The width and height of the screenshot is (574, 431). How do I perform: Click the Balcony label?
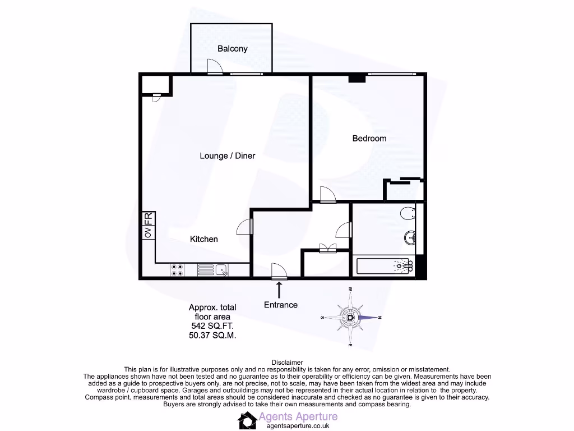point(233,49)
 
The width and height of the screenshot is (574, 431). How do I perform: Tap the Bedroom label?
point(369,139)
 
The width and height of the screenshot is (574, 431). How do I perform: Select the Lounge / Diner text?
point(227,155)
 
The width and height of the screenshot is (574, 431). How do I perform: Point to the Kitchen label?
point(203,239)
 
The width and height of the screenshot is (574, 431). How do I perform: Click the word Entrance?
point(281,305)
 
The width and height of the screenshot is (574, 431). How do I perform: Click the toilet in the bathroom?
point(409,213)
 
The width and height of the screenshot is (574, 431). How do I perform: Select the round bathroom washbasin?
point(410,239)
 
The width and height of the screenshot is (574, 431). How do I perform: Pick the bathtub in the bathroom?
point(384,265)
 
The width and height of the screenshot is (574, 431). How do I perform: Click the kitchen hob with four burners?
point(177,270)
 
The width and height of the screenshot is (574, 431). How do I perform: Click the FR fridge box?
point(148,218)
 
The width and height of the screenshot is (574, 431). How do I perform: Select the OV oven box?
point(148,232)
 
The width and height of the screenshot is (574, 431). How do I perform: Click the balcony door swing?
point(214,68)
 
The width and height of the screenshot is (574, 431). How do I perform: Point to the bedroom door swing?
point(327,194)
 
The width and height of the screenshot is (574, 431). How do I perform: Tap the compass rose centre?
point(351,318)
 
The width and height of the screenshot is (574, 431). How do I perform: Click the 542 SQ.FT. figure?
point(212,326)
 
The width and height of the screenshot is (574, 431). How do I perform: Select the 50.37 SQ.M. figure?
point(212,336)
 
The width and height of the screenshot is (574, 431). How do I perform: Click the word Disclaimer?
point(287,363)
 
